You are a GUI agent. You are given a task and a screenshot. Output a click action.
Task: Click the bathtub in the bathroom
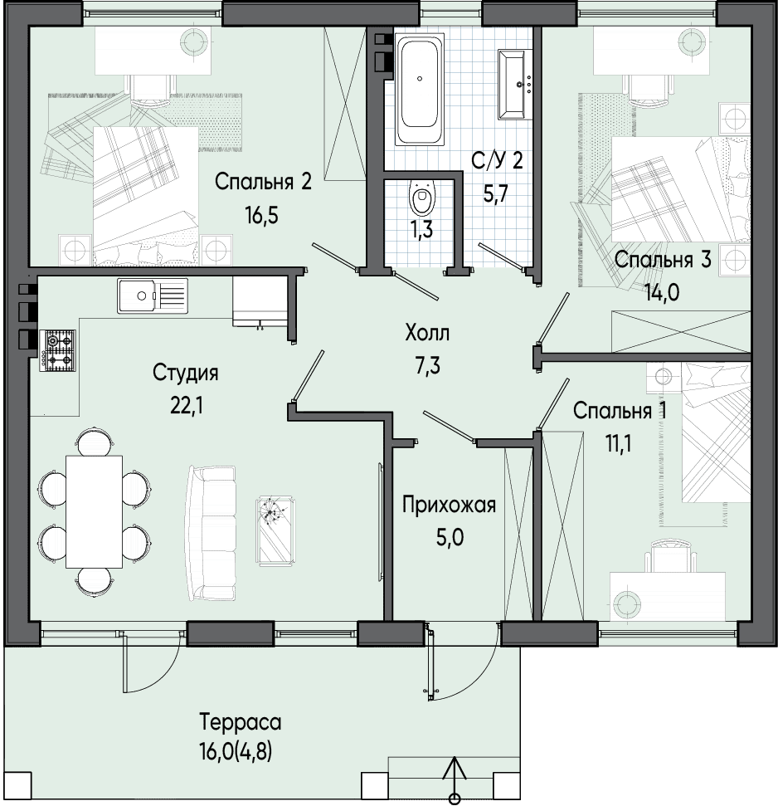click(419, 89)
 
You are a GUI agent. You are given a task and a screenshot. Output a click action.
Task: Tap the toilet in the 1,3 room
click(422, 198)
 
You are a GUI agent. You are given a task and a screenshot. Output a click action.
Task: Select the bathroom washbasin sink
click(516, 85)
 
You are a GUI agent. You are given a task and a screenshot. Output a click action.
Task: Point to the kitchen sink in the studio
click(153, 296)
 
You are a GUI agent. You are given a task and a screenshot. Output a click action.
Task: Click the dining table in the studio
click(94, 511)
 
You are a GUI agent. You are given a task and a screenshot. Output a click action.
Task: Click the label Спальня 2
click(263, 182)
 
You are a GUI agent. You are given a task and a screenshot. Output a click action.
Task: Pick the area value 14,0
click(663, 293)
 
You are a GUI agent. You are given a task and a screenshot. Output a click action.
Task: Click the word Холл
click(427, 333)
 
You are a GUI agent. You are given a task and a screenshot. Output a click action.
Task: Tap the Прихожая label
click(449, 505)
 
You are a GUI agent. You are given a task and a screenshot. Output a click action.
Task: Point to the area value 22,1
click(186, 407)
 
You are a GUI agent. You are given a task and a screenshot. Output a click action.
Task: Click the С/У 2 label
click(498, 161)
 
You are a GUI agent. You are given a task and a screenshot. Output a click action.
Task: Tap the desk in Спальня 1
click(667, 597)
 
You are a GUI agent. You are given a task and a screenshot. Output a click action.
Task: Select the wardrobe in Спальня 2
click(344, 103)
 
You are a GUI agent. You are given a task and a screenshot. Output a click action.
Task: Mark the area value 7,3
click(427, 367)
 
